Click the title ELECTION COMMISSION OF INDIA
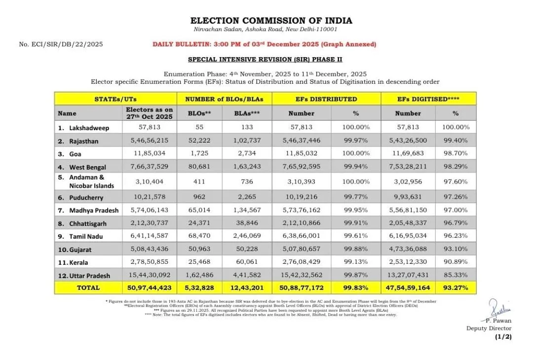(271, 21)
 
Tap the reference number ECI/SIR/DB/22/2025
(61, 44)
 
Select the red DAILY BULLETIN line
(264, 44)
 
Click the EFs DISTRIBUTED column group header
(326, 99)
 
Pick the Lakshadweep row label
(89, 128)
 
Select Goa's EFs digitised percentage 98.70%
(456, 154)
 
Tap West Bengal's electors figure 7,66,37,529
(149, 167)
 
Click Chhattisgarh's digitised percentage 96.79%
(456, 223)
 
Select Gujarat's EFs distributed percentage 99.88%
(356, 249)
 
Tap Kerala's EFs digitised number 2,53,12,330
(408, 262)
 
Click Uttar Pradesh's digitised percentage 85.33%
(456, 275)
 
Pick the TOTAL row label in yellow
(88, 288)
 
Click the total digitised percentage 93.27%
(456, 288)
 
